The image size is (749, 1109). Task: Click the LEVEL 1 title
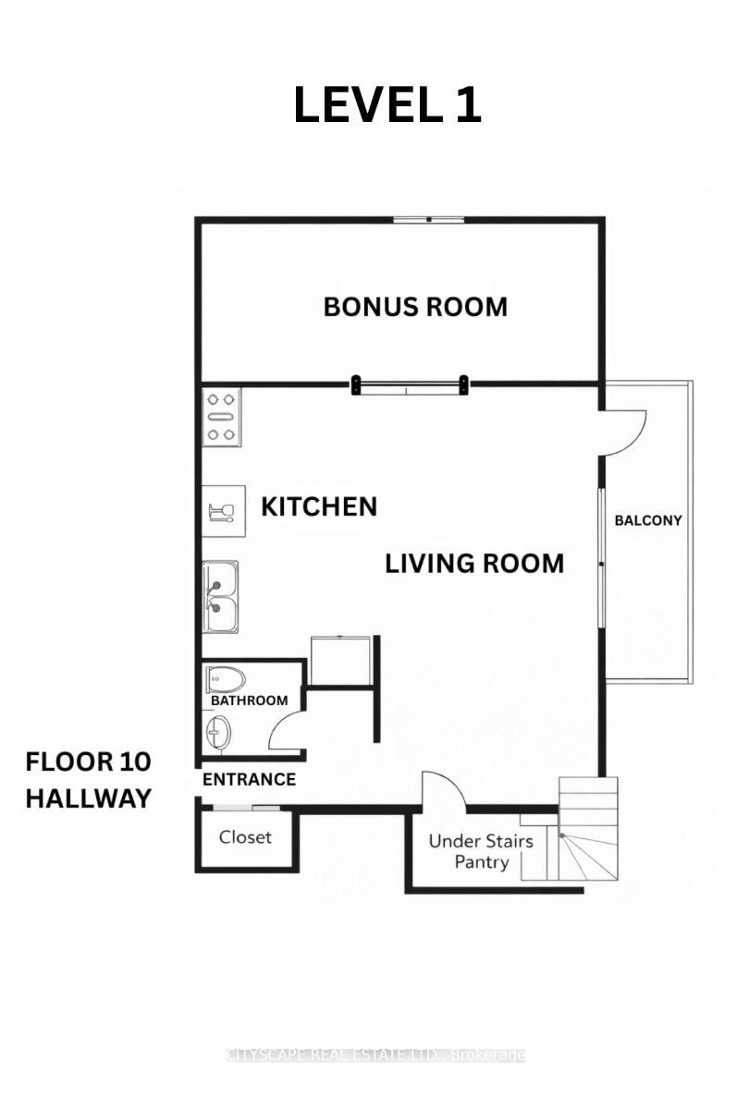coord(387,105)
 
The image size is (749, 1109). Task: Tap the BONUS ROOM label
coord(415,307)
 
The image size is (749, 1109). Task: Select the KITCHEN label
coord(319,506)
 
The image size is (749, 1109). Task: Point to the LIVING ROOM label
coord(474,564)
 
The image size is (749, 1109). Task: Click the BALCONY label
coord(648,520)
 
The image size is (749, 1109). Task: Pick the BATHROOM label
coord(249,701)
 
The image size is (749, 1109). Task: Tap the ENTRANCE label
coord(249,780)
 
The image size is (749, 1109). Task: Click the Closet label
coord(245,837)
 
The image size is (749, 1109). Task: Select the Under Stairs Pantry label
coord(481,851)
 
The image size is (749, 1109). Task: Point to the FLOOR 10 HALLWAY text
coord(88,780)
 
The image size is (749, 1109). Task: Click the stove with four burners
coord(221,417)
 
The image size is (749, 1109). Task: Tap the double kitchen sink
coord(220,597)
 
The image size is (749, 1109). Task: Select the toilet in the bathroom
coord(226,680)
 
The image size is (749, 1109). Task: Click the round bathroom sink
coord(218,733)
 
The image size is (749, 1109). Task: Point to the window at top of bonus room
coord(429,219)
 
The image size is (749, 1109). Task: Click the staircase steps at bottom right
coord(588,829)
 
